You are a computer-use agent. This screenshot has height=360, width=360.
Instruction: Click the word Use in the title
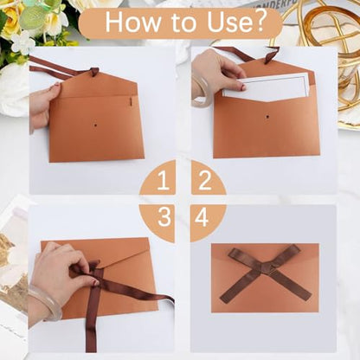[x=230, y=22]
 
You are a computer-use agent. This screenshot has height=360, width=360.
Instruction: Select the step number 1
[x=163, y=181]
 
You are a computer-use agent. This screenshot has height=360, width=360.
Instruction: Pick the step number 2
[x=205, y=180]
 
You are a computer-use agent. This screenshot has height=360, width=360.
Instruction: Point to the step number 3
[x=164, y=217]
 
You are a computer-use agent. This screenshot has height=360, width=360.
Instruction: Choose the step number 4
[x=202, y=217]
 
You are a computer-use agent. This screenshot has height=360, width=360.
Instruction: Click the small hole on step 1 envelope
[x=95, y=125]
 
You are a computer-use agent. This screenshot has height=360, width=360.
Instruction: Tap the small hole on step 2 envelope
[x=267, y=117]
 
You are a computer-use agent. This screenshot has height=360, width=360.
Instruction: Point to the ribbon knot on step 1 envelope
[x=94, y=72]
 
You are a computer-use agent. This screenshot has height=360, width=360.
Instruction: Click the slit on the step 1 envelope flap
[x=131, y=102]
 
